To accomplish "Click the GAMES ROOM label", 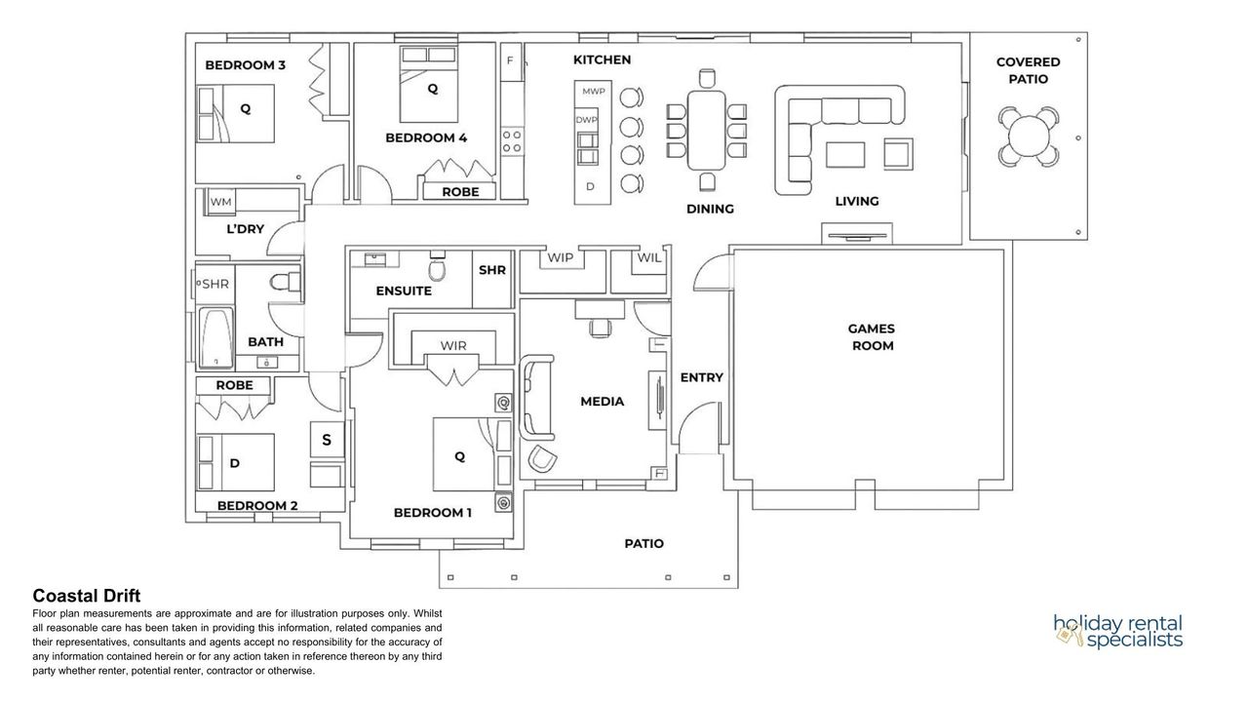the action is click(x=872, y=337).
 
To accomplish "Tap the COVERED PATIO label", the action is click(x=1028, y=71).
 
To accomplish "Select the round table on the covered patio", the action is click(x=1029, y=137).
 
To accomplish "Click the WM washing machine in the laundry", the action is click(x=221, y=201).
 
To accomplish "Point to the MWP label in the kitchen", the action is click(x=594, y=92).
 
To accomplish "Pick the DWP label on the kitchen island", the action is click(x=586, y=120).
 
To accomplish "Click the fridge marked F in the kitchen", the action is click(x=510, y=61).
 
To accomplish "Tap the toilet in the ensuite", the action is click(x=438, y=267).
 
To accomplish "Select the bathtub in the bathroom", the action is click(x=216, y=337).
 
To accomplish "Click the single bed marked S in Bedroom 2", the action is click(x=327, y=440).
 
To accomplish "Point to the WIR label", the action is click(x=453, y=345).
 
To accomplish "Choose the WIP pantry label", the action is click(x=560, y=257).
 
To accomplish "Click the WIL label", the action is click(x=649, y=257).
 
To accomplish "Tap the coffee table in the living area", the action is click(x=845, y=155).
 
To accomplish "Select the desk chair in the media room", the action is click(x=600, y=328).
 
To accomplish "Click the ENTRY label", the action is click(x=701, y=377).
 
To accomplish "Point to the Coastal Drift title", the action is click(x=87, y=596).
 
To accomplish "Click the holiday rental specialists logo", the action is click(x=1117, y=632).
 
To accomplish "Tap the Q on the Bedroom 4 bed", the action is click(x=432, y=89).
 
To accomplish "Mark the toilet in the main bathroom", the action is click(x=286, y=282).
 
